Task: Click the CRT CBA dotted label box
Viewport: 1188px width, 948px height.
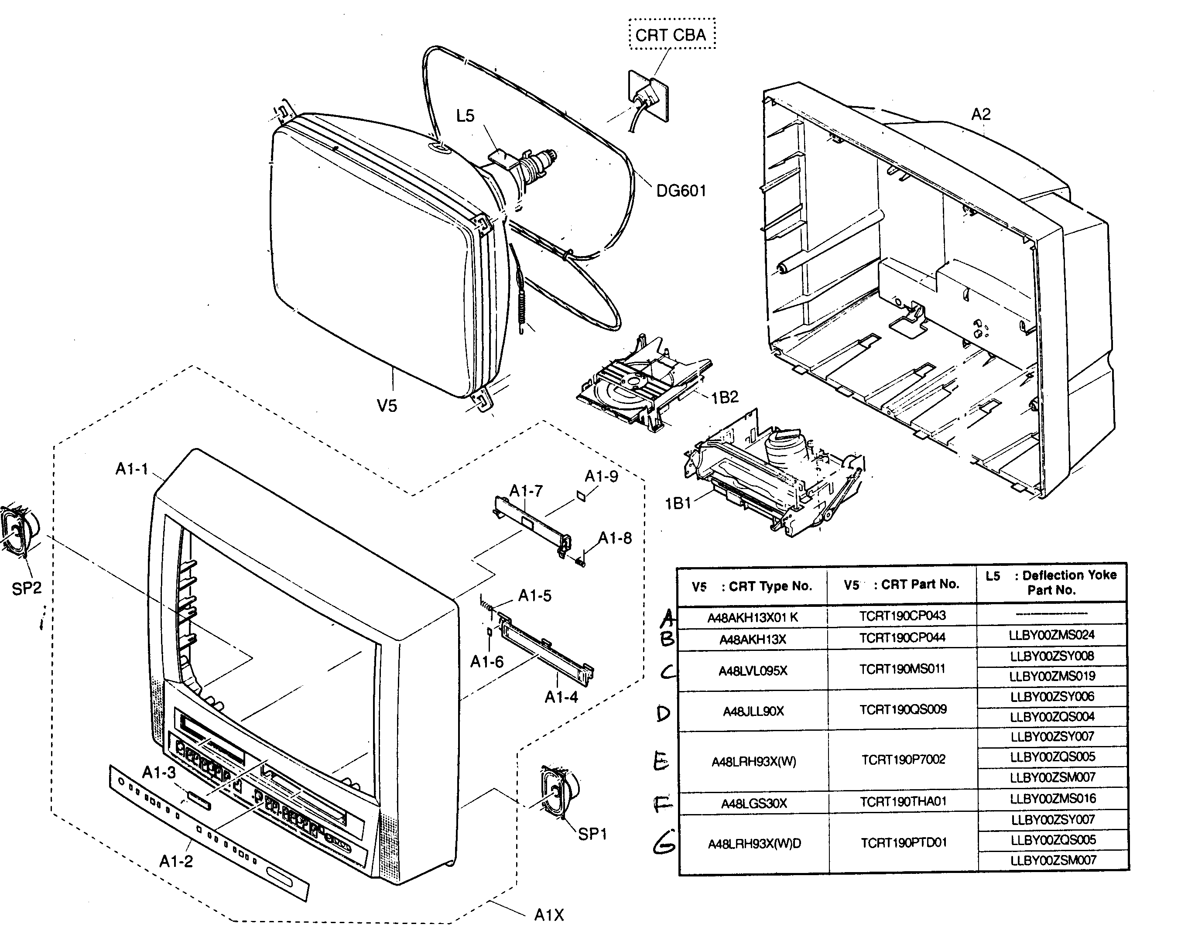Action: click(672, 35)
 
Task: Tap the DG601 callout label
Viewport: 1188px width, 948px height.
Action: click(681, 191)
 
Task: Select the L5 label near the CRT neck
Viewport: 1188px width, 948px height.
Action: click(465, 116)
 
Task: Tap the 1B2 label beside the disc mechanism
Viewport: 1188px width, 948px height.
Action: click(725, 398)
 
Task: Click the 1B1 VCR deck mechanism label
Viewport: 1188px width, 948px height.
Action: click(678, 503)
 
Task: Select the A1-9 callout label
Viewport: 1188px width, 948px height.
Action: click(601, 476)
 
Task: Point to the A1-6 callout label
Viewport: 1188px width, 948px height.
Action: click(486, 661)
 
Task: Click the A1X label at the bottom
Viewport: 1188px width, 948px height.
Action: click(549, 915)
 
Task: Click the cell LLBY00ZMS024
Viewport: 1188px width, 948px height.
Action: click(1051, 635)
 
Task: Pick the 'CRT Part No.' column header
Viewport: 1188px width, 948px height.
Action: click(902, 585)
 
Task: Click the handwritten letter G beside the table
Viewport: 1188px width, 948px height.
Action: click(664, 843)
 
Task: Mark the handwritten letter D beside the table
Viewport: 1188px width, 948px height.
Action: click(664, 714)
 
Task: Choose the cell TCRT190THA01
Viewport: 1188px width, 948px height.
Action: click(903, 802)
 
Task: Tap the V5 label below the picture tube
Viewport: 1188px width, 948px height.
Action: click(387, 406)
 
